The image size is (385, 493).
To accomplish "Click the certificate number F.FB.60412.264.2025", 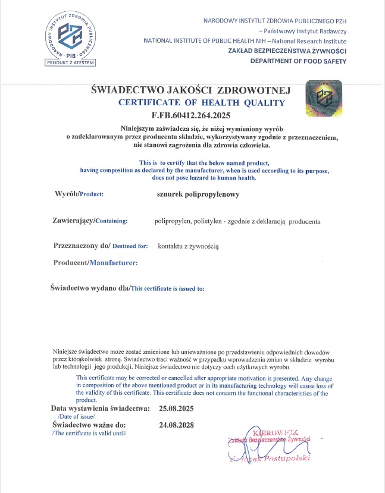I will click(x=190, y=115).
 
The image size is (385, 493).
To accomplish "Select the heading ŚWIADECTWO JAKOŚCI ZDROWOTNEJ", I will click(x=190, y=90).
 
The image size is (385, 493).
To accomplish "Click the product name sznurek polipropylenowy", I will click(x=194, y=193).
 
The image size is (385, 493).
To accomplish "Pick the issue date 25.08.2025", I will click(x=177, y=410).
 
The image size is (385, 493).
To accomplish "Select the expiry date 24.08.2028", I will click(x=177, y=425).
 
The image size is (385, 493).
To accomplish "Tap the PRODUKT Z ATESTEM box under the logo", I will click(x=71, y=62).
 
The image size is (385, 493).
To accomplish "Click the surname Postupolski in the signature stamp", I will click(x=284, y=458).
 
